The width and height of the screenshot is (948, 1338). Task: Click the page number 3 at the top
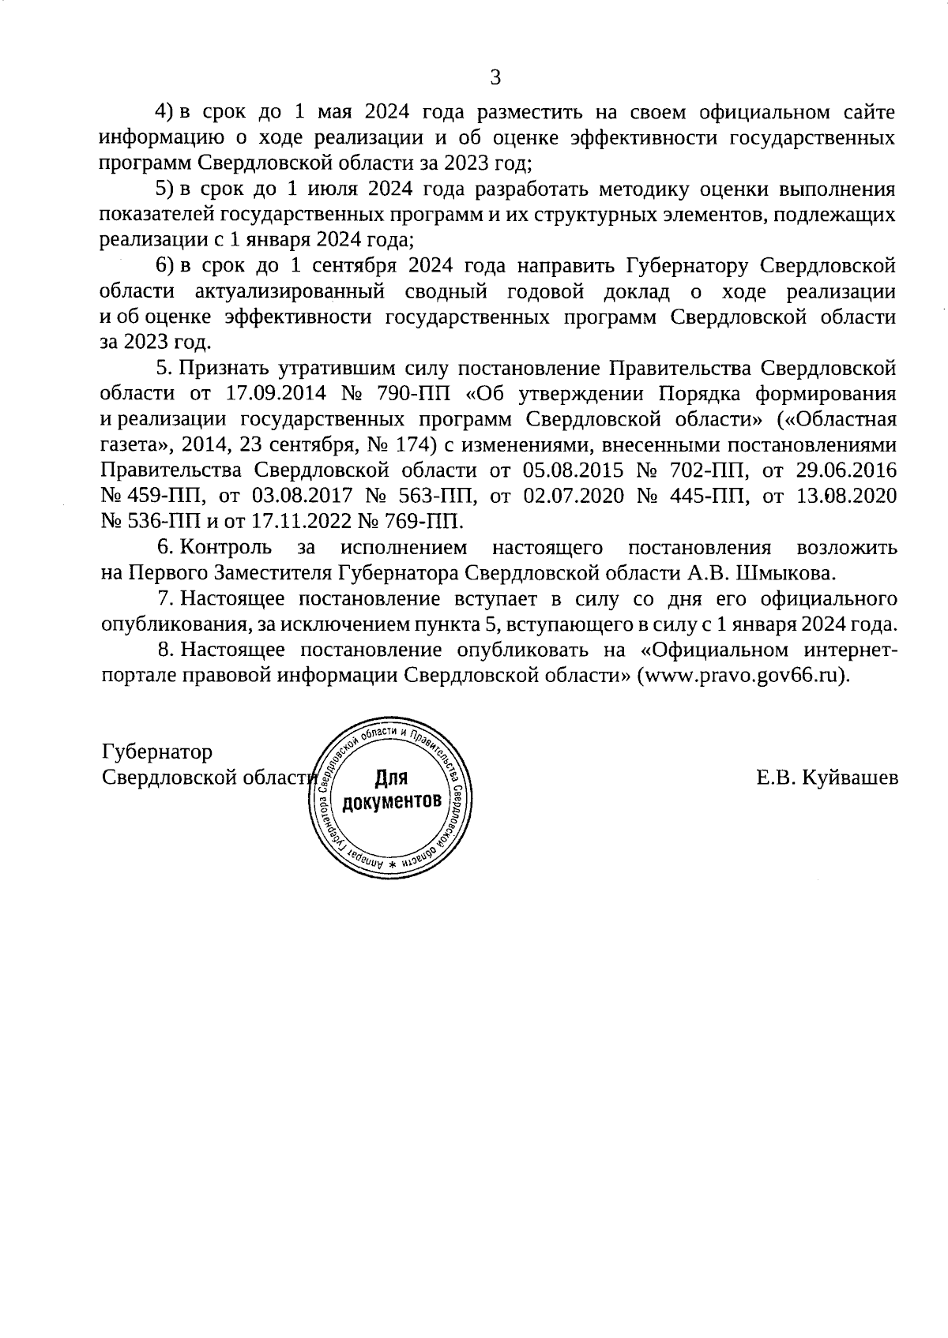[495, 77]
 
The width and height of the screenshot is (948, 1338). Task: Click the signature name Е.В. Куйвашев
[826, 778]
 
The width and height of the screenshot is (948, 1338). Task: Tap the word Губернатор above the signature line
[157, 752]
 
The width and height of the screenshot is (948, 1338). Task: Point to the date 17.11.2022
[296, 522]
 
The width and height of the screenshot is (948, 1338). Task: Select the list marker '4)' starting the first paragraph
[163, 112]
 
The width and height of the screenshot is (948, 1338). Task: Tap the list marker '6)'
[163, 266]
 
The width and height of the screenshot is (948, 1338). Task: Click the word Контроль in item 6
[226, 548]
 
